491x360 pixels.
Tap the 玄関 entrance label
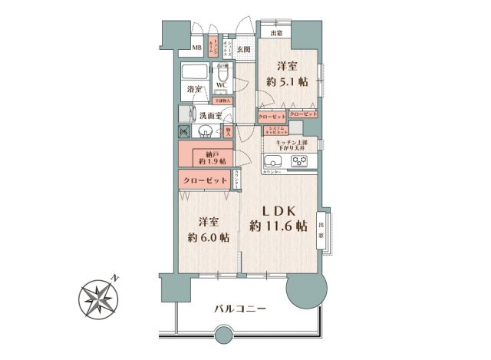pos(243,50)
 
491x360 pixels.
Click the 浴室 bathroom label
pos(195,90)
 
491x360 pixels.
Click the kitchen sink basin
pos(274,161)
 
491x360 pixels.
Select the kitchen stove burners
pos(299,161)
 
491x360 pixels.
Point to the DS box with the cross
pos(184,133)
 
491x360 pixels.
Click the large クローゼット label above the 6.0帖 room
pos(206,180)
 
